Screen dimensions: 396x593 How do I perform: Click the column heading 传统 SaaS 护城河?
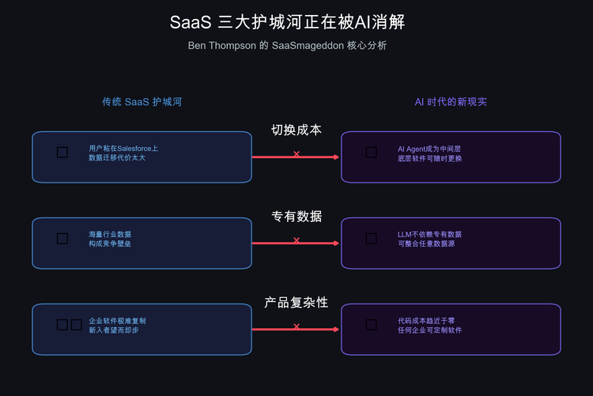pyautogui.click(x=147, y=102)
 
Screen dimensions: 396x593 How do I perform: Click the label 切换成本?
pyautogui.click(x=296, y=130)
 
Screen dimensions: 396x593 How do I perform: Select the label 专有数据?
pyautogui.click(x=296, y=217)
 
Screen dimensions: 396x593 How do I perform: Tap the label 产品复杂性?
pyautogui.click(x=296, y=303)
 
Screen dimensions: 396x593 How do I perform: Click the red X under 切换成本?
pyautogui.click(x=296, y=153)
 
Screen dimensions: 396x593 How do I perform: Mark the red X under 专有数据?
pyautogui.click(x=296, y=239)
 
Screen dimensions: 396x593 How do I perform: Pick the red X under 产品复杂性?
pyautogui.click(x=296, y=326)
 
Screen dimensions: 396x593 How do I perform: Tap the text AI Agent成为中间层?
pyautogui.click(x=429, y=148)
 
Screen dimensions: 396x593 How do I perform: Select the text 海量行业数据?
pyautogui.click(x=110, y=234)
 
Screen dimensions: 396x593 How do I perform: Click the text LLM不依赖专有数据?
pyautogui.click(x=429, y=234)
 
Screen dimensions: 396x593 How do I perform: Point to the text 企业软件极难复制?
pyautogui.click(x=117, y=320)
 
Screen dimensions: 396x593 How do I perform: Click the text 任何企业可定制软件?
pyautogui.click(x=429, y=330)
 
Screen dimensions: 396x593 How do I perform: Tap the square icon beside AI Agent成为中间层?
pyautogui.click(x=371, y=152)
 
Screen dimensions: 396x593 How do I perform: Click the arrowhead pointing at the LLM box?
pyautogui.click(x=337, y=243)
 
